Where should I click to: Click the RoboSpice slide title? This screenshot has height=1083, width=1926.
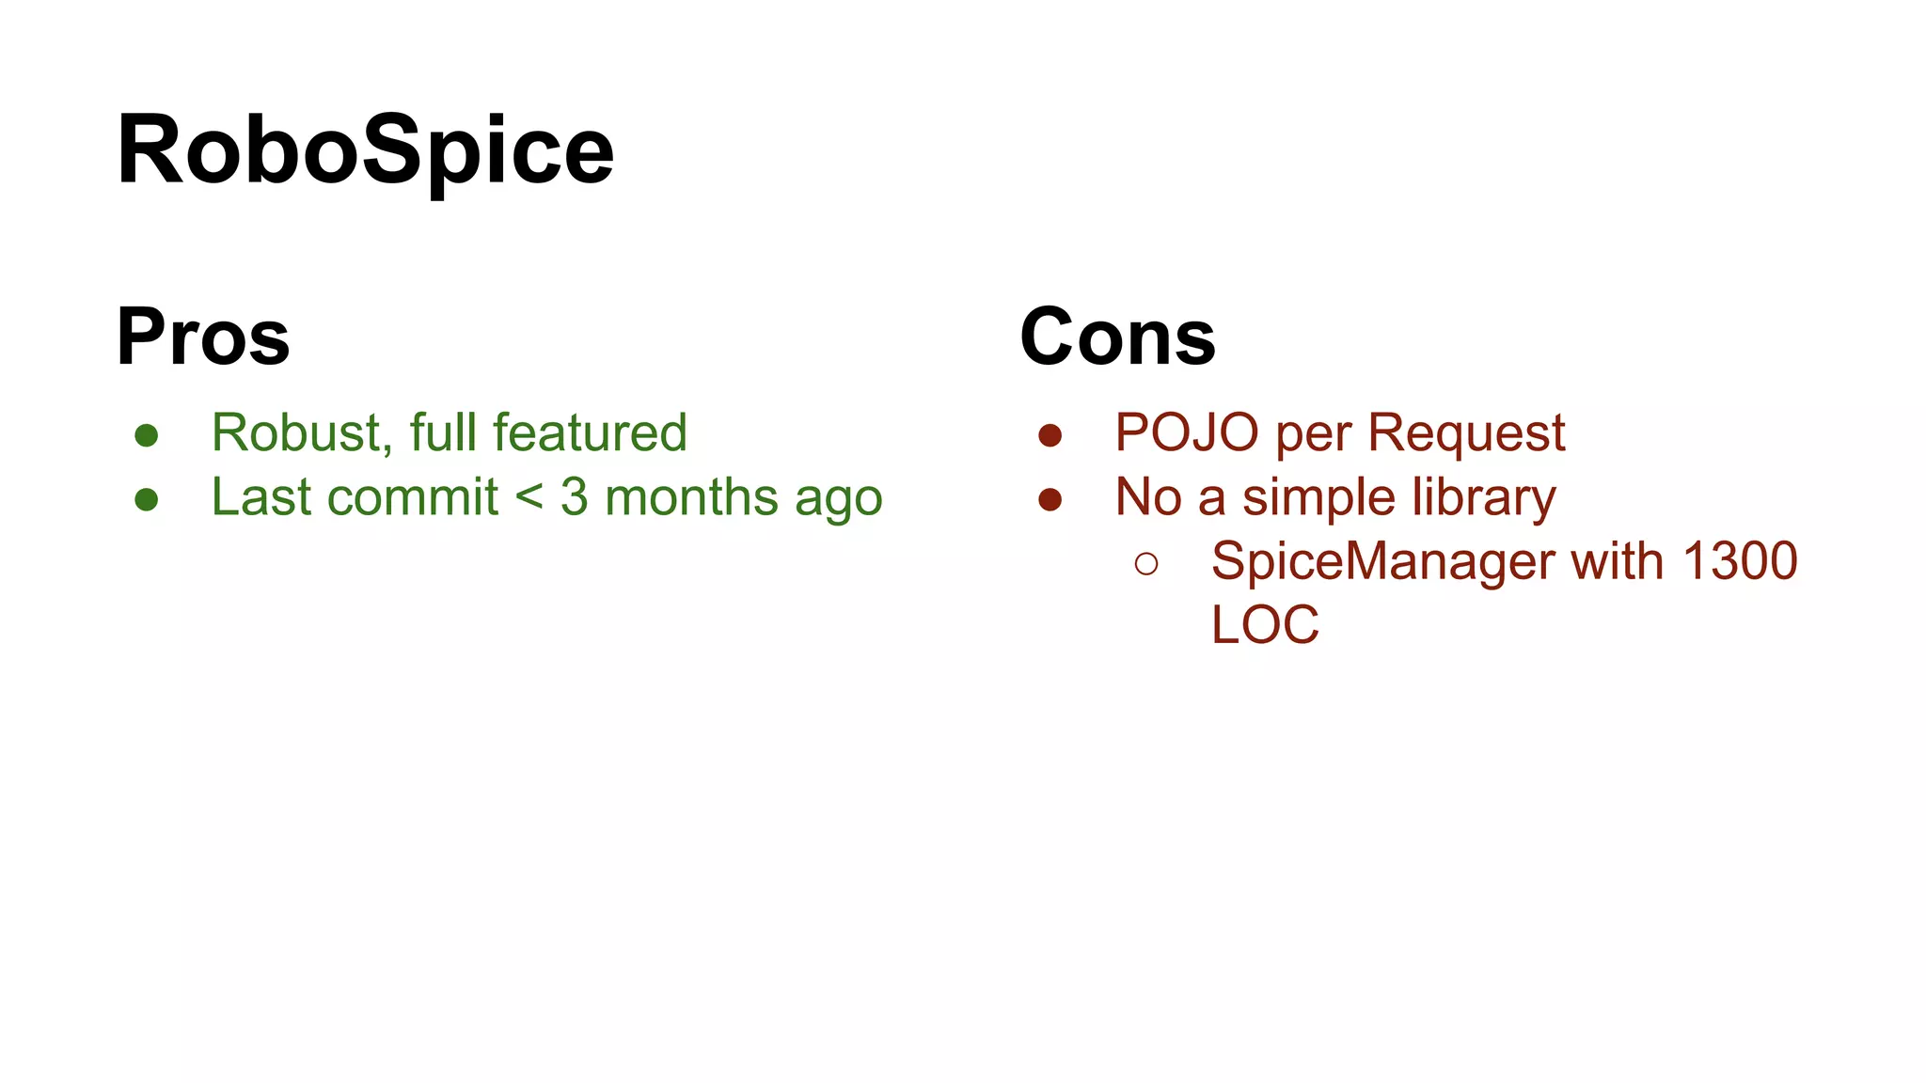click(x=365, y=150)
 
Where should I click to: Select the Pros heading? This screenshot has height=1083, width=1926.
click(x=203, y=337)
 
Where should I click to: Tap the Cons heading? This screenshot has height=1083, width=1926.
click(x=1117, y=337)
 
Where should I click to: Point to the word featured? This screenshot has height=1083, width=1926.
click(x=590, y=433)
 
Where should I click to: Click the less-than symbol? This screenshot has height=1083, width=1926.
click(x=529, y=497)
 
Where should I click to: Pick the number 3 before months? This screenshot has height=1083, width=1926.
click(x=574, y=497)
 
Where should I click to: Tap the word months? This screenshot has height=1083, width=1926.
click(x=691, y=497)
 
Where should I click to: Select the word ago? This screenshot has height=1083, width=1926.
click(x=839, y=499)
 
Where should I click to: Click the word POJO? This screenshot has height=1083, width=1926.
click(x=1187, y=433)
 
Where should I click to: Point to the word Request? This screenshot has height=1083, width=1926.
click(x=1466, y=433)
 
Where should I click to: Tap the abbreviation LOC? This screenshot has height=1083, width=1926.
click(x=1265, y=625)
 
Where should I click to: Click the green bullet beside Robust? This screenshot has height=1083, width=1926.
click(x=146, y=435)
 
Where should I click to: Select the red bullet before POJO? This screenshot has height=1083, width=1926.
click(x=1050, y=435)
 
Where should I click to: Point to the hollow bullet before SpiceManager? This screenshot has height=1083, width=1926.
click(x=1145, y=563)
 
